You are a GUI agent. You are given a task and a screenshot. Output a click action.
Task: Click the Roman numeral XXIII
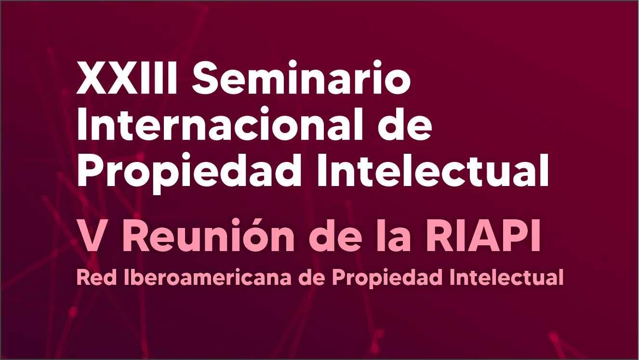pos(129,80)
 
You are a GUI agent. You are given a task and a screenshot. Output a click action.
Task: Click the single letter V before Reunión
pos(92,238)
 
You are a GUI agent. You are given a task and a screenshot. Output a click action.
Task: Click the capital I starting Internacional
pos(82,126)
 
